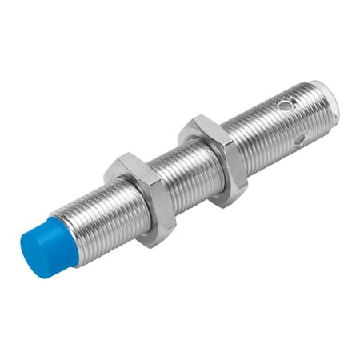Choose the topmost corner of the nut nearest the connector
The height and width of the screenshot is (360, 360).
click(x=192, y=118)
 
